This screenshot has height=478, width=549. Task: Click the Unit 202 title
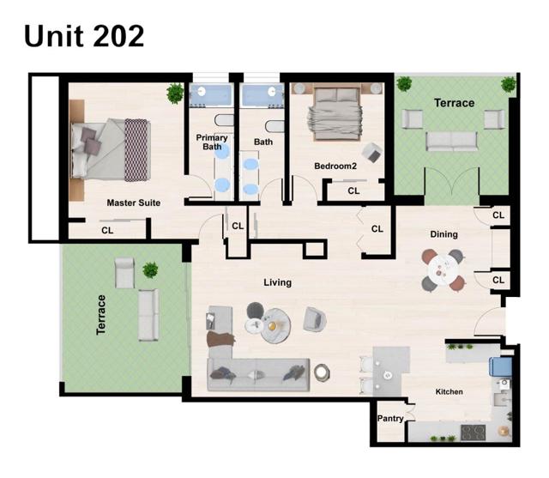coord(83,36)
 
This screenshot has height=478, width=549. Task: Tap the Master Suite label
coord(133,203)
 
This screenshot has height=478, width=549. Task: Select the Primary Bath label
coord(212,142)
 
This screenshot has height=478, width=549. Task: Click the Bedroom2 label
coord(335,165)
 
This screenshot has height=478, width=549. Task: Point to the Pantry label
coord(390,419)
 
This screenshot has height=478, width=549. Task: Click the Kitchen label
coord(449,392)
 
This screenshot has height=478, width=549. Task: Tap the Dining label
coord(443,234)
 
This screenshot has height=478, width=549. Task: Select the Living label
coord(277,282)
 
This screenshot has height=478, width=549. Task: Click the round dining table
coord(443,269)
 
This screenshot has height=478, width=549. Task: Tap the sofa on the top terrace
coord(453,140)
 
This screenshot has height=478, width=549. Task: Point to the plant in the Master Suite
coord(176,93)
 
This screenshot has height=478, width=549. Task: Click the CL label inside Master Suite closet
coord(107,230)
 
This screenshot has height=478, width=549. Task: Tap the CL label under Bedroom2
coord(353,191)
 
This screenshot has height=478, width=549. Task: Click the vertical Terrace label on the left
coord(101,314)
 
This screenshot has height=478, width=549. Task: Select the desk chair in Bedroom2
coord(372,153)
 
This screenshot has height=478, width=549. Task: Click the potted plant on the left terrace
coord(151,270)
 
